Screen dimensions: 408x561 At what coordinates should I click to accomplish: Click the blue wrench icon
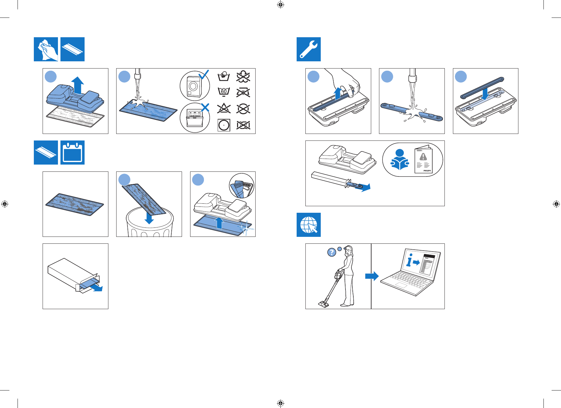click(x=309, y=49)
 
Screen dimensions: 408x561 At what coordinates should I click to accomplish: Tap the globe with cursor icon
click(x=309, y=225)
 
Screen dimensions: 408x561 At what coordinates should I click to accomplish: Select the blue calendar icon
click(x=72, y=153)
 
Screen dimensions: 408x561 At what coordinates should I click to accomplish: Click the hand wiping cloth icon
click(x=46, y=49)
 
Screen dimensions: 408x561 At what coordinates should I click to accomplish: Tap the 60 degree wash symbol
click(x=224, y=92)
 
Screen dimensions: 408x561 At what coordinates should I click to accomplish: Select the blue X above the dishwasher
click(x=205, y=108)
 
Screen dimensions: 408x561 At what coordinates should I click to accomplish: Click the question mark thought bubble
click(x=331, y=252)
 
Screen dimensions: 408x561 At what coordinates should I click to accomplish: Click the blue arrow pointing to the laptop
click(x=372, y=276)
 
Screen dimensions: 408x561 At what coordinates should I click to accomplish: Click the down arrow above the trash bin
click(x=149, y=218)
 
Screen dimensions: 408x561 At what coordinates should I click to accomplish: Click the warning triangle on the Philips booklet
click(x=423, y=157)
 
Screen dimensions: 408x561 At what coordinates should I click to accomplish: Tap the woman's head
click(x=349, y=250)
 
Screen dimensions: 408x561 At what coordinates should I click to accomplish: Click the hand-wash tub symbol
click(x=224, y=76)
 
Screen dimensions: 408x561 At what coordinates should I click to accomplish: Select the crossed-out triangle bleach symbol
click(x=224, y=109)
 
